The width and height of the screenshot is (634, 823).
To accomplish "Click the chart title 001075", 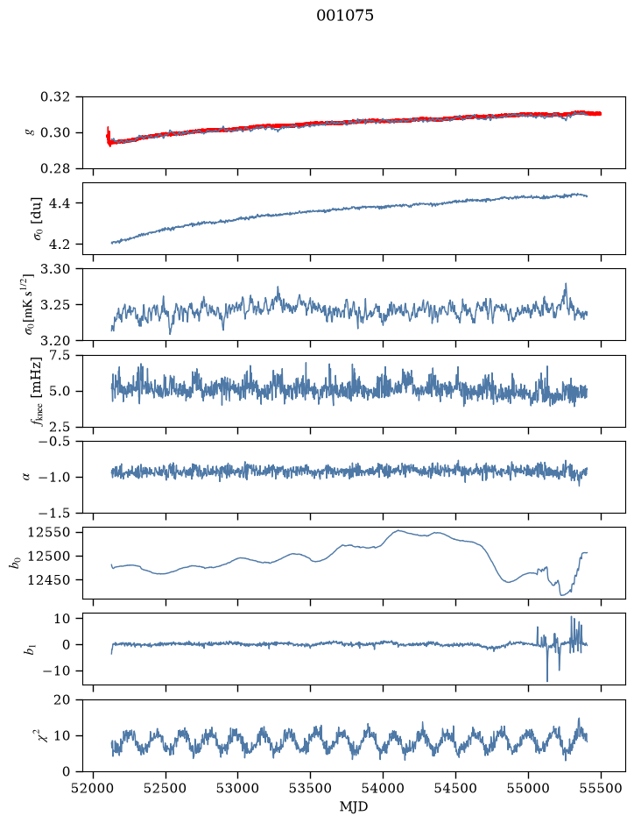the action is coord(344,15).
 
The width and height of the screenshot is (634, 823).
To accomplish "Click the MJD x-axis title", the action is coord(354,806).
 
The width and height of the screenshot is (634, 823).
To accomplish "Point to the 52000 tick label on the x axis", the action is coord(94,788).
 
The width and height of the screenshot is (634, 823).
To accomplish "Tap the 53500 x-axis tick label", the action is coord(311,788).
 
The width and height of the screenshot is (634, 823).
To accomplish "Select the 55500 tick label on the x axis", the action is coord(601,788).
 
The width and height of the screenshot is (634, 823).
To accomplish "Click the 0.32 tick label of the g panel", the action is coord(54,97).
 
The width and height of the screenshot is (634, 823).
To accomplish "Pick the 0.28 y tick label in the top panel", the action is coord(54,168).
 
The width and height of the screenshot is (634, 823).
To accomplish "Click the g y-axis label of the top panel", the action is coord(28,132).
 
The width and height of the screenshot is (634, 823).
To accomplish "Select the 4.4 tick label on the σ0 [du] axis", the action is coord(59,203).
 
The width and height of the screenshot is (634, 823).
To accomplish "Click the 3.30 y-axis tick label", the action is coord(54,269).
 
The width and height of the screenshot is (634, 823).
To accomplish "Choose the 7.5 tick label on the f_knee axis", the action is coord(59,356).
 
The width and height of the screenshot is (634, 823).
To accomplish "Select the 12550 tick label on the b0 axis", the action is coord(49,532).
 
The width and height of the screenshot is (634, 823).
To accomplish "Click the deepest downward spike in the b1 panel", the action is coord(547,681).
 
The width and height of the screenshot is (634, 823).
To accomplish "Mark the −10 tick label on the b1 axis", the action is coord(55,671).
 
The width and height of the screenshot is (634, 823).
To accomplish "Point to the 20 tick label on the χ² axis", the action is coord(62,700).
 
